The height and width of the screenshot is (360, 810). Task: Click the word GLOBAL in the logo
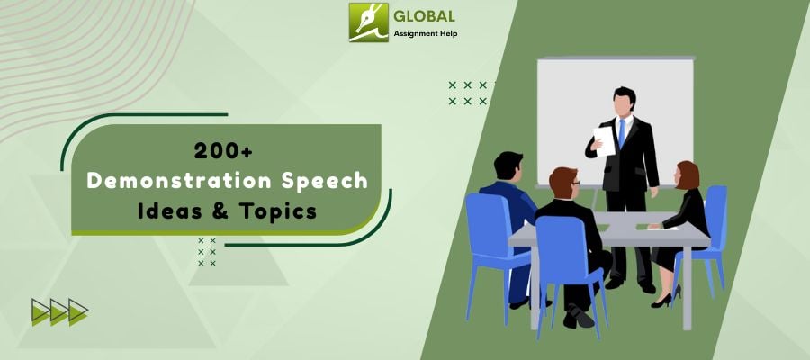point(425,16)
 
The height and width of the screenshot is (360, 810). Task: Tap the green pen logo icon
point(368,22)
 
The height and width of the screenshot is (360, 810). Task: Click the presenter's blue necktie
point(621,135)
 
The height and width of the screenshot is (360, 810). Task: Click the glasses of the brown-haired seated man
point(573,187)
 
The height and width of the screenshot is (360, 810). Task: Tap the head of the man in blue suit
point(508,167)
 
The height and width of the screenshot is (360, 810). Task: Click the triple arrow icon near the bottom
point(59,311)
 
